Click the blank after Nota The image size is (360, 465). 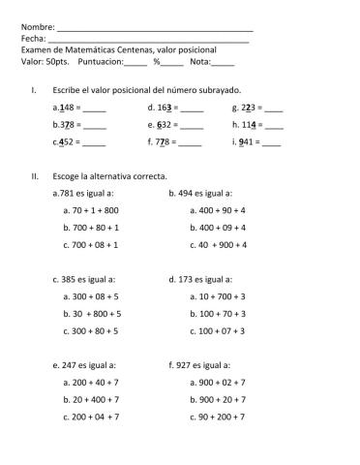tap(222, 62)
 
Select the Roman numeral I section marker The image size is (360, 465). tap(34, 89)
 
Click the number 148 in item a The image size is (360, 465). tap(65, 108)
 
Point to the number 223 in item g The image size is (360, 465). tap(248, 108)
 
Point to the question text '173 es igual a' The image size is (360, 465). tap(205, 279)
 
